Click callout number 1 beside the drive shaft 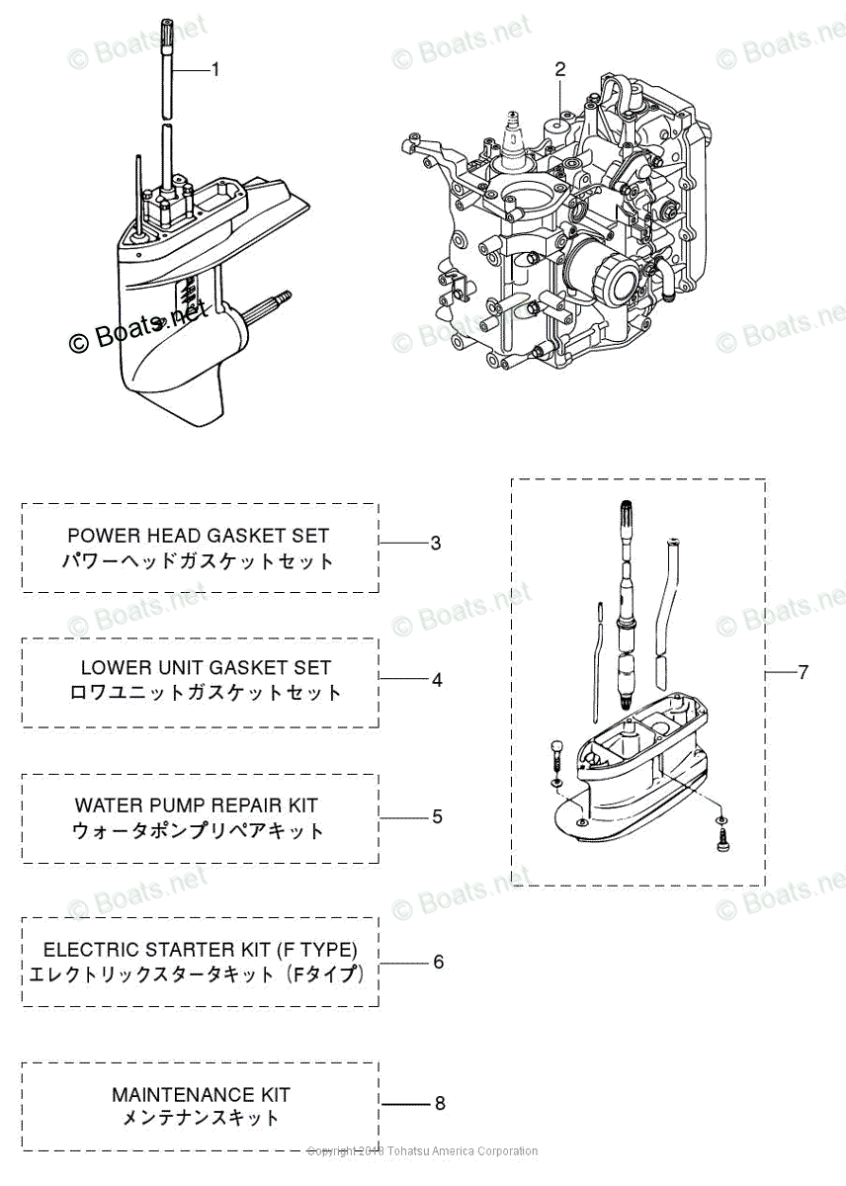click(215, 69)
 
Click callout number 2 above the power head click(560, 69)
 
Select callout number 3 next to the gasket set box click(436, 543)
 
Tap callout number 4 click(436, 680)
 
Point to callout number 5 click(436, 816)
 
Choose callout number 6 click(438, 962)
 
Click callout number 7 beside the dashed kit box click(803, 672)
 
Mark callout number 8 click(440, 1103)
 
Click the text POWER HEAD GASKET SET click(199, 535)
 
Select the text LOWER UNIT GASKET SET click(206, 667)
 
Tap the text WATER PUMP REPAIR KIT click(197, 805)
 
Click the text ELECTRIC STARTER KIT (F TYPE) click(201, 949)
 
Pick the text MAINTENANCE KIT click(201, 1095)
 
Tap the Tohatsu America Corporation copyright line click(422, 1151)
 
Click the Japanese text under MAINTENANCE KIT click(201, 1120)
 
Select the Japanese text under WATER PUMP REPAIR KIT click(198, 831)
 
